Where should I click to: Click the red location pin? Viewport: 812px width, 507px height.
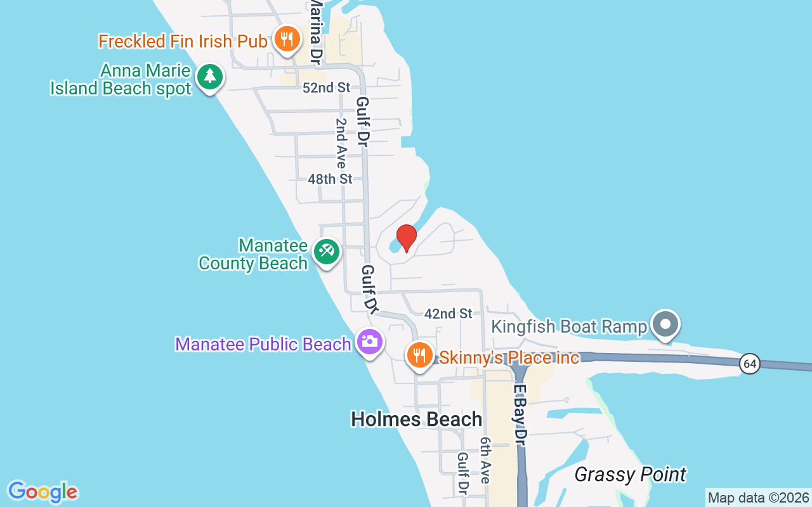406,238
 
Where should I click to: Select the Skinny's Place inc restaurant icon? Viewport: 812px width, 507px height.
419,355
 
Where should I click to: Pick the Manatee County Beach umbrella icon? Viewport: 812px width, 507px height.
327,252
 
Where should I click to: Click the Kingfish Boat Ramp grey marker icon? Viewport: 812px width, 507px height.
665,324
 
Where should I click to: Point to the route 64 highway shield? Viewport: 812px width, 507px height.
750,364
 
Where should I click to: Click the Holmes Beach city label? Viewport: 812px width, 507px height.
416,419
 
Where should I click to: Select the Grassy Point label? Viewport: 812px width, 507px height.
630,474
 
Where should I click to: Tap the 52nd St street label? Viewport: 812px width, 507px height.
326,87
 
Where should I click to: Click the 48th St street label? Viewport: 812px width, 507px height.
330,179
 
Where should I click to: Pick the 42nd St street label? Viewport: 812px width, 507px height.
449,313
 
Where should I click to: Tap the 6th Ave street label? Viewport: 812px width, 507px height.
485,460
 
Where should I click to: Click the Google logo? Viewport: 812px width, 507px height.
43,492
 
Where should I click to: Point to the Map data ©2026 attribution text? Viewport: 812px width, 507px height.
758,497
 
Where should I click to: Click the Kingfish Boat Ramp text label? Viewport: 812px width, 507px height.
570,326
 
